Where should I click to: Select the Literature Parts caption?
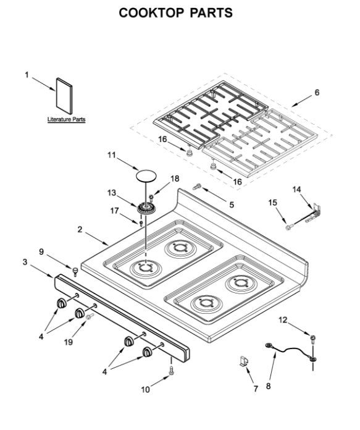click(66, 120)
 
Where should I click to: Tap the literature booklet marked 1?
click(64, 96)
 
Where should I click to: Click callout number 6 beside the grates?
click(317, 93)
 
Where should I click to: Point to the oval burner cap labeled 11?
click(146, 176)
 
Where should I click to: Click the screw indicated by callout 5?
click(197, 187)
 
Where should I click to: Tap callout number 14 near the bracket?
click(296, 189)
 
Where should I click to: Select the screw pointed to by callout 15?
click(288, 227)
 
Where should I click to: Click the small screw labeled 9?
click(75, 271)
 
